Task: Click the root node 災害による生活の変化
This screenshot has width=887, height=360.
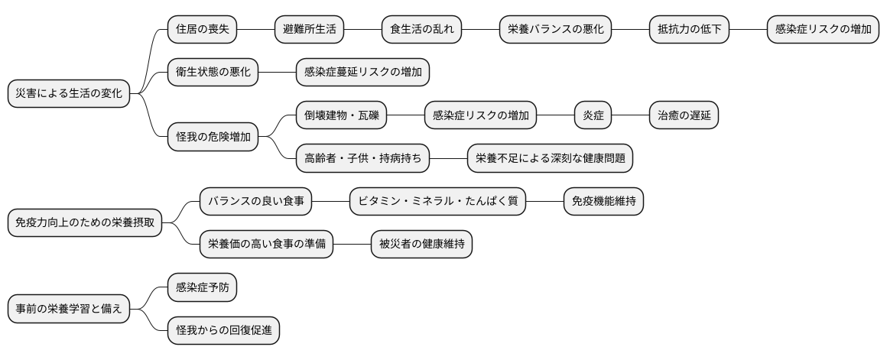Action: tap(68, 94)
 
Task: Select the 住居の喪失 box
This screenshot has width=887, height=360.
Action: tap(202, 30)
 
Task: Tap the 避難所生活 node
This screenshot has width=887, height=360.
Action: tap(309, 30)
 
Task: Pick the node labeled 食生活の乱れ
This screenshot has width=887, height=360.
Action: tap(421, 30)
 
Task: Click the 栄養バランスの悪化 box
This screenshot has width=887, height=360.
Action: tap(555, 30)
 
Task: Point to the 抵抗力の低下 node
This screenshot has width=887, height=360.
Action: tap(689, 30)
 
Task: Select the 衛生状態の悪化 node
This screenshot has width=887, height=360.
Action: tap(213, 73)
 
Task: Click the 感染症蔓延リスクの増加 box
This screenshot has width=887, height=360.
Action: tap(362, 73)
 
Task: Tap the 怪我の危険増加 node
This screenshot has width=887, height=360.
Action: tap(213, 138)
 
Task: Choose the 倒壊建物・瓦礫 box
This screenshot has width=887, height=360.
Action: tap(341, 116)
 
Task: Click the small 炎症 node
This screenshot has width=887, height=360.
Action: tap(593, 116)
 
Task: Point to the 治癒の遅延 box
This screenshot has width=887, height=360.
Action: tap(684, 116)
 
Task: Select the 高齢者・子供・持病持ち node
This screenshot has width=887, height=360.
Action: tap(362, 159)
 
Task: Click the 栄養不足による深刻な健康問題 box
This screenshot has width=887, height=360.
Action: tap(550, 159)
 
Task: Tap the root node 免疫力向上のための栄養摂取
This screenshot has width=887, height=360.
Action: tap(84, 223)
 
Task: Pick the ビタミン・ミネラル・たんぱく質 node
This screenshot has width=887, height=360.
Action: tap(437, 202)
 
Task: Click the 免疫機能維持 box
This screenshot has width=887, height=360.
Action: tap(603, 202)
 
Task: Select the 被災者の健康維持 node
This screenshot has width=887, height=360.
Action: tap(421, 245)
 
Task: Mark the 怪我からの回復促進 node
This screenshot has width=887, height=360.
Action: tap(223, 330)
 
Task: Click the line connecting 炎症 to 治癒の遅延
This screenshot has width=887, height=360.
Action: tap(631, 116)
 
